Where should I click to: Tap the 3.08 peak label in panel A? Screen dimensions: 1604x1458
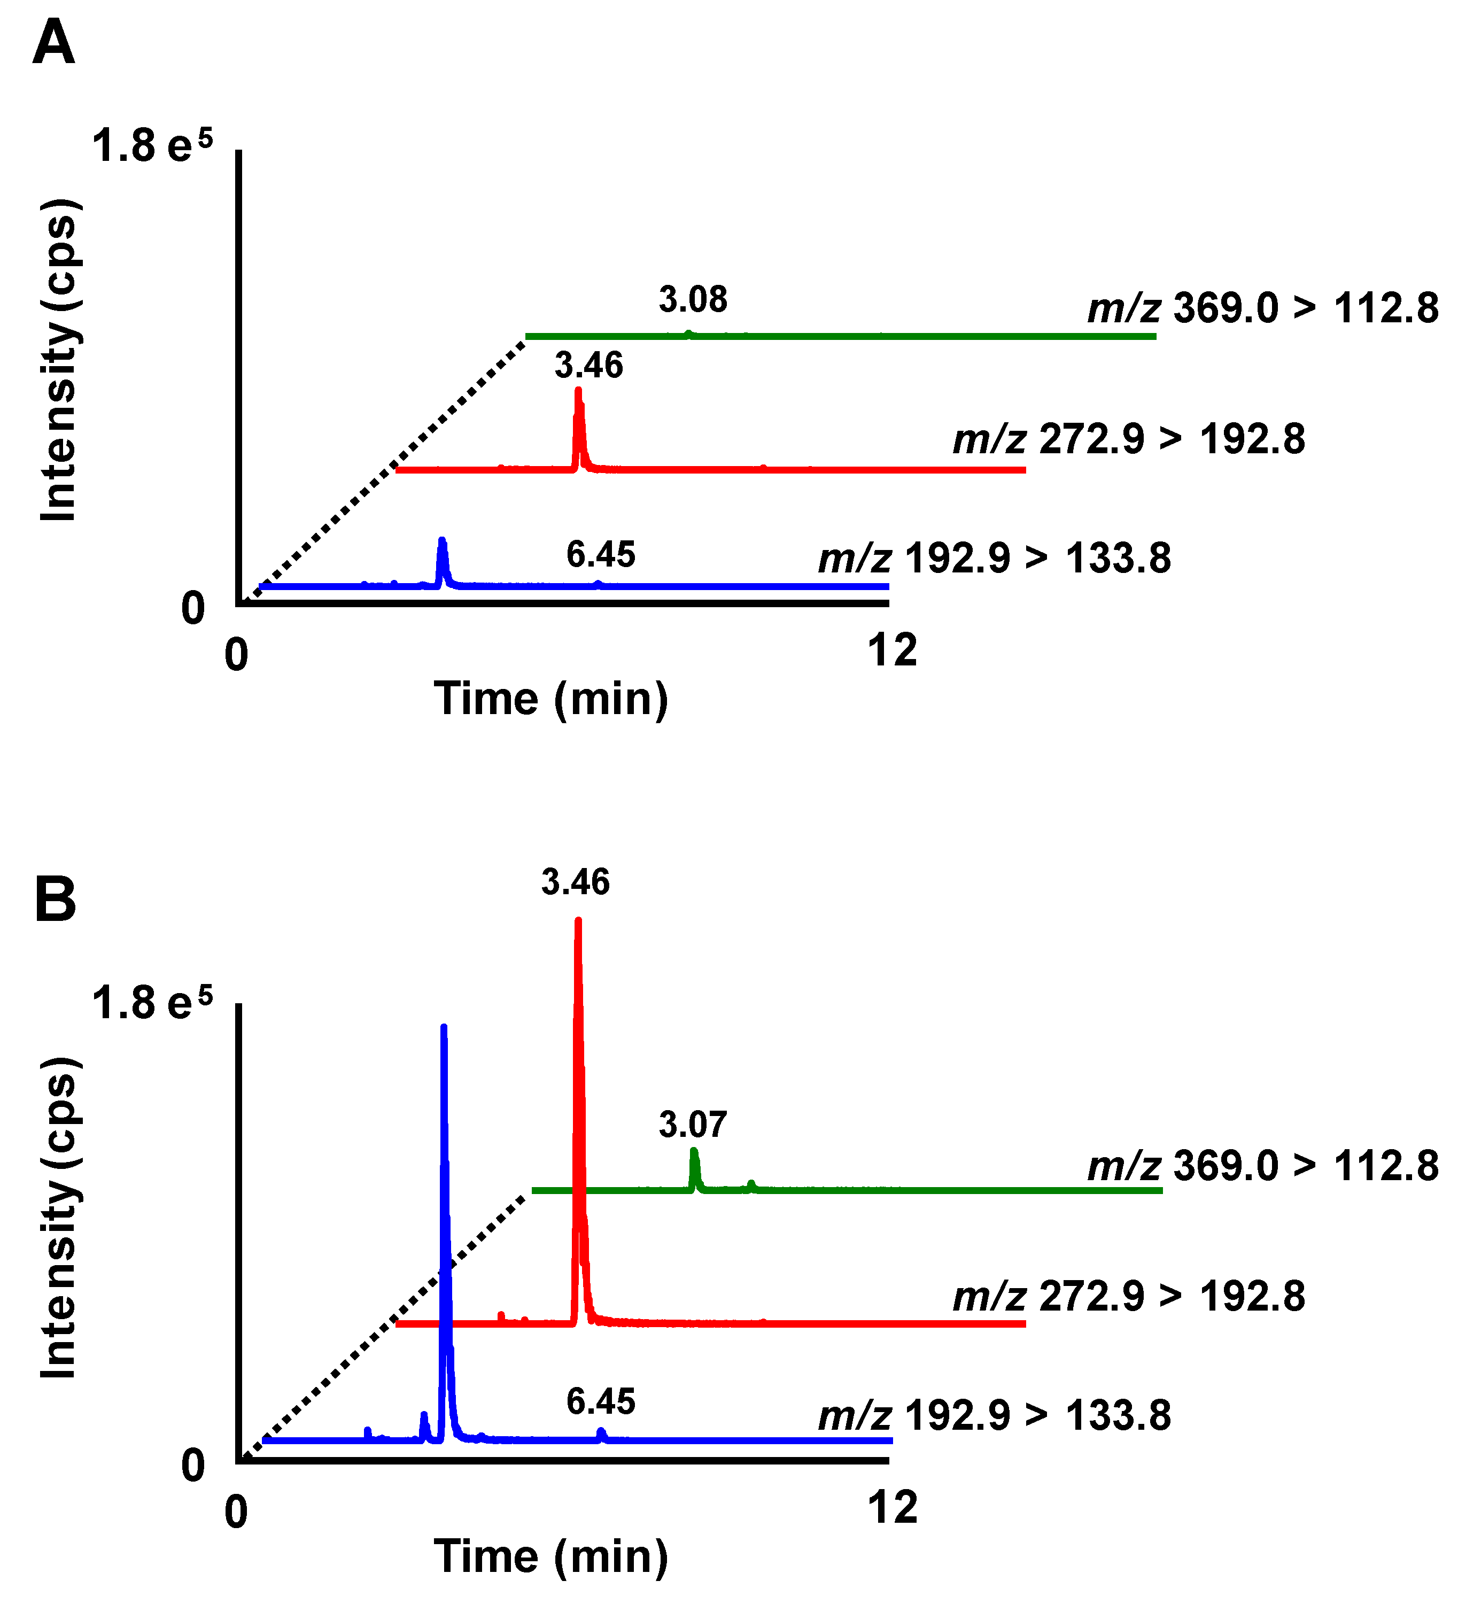(x=692, y=300)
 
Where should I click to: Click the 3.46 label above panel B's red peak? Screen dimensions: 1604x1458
(x=575, y=882)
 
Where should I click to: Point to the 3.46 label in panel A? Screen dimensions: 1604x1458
(x=588, y=365)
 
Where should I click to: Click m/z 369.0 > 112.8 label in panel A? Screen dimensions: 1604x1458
(x=1262, y=308)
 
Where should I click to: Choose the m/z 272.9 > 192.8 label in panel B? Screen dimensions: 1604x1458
(x=1129, y=1296)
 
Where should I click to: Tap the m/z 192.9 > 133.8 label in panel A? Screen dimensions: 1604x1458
(x=994, y=558)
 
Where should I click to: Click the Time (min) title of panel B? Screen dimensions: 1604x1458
(x=550, y=1556)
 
